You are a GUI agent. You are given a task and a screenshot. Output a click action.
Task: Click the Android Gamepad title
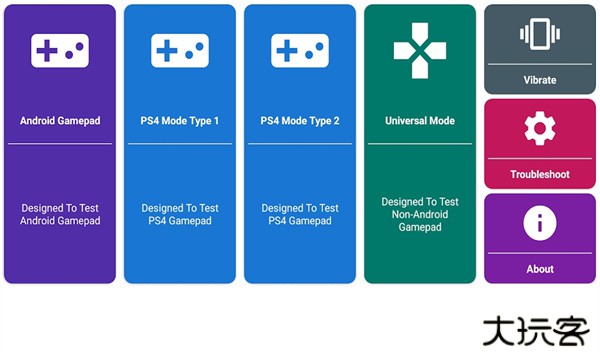tap(60, 121)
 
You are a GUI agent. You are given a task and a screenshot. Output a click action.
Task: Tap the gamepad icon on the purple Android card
tap(60, 50)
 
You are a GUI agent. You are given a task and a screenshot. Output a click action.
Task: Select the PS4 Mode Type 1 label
tap(180, 121)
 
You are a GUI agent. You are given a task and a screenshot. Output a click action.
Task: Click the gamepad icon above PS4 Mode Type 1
tap(180, 50)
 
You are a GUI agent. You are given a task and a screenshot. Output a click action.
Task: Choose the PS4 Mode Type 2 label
tap(300, 121)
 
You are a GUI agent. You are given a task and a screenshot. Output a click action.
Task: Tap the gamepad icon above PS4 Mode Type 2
tap(300, 50)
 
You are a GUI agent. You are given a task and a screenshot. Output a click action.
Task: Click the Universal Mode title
tap(420, 121)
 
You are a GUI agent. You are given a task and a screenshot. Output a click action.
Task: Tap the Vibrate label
tap(540, 80)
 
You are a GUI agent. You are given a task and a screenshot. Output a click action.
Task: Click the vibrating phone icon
tap(540, 35)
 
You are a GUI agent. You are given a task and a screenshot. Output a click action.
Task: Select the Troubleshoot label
tap(540, 174)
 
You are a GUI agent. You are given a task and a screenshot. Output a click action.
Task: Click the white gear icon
tap(540, 128)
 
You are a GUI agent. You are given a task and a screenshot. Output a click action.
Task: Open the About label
tap(540, 269)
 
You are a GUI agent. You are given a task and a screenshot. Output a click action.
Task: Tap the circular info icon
tap(540, 222)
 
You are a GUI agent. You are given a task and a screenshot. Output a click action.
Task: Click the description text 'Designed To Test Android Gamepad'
tap(60, 214)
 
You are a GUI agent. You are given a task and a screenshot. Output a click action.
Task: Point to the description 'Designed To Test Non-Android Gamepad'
tap(420, 214)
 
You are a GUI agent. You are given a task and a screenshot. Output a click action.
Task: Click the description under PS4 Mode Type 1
tap(180, 214)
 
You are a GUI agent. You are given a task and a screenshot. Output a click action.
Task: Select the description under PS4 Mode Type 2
tap(300, 214)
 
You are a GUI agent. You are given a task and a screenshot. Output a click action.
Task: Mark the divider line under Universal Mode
tap(420, 144)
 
